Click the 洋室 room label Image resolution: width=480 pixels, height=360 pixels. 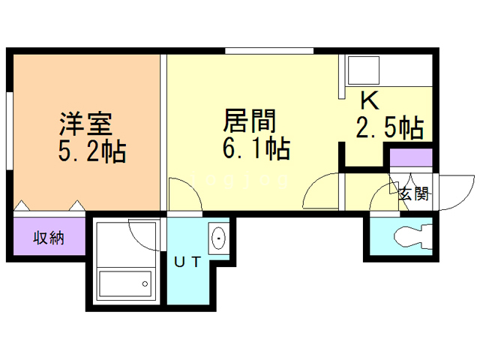[85, 122]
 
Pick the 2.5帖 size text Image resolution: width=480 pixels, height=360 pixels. [388, 127]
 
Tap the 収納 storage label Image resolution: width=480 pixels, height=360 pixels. [48, 238]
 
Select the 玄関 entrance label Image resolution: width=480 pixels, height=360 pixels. [413, 193]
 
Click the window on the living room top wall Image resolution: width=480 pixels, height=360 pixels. [268, 51]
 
